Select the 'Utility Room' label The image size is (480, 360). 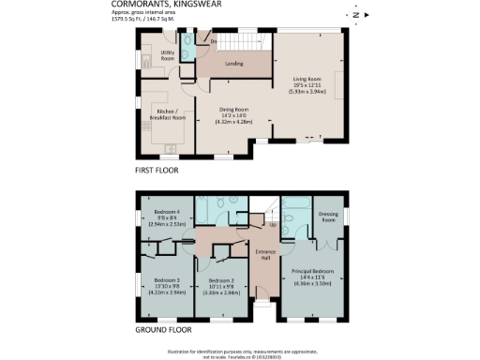pos(168,55)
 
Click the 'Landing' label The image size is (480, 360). pos(234,64)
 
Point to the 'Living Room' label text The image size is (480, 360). pos(308,80)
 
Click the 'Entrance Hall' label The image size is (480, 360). pos(265,254)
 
